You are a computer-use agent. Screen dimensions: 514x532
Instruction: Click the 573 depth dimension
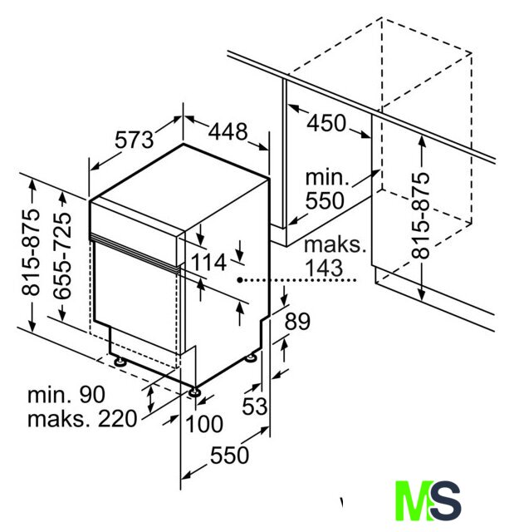[135, 140]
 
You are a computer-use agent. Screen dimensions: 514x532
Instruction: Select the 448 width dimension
[228, 131]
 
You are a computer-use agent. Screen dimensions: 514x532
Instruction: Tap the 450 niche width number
[326, 123]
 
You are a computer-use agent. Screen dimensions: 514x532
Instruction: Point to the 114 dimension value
[208, 263]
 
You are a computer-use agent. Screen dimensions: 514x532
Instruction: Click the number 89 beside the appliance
[297, 322]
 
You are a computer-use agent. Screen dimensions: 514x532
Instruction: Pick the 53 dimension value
[254, 406]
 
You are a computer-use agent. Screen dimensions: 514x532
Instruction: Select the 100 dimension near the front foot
[204, 424]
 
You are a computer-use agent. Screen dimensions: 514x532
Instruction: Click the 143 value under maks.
[324, 268]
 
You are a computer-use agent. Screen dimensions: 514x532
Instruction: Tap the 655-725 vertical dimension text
[63, 256]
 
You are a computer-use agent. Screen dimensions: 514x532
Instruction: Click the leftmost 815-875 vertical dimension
[31, 252]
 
